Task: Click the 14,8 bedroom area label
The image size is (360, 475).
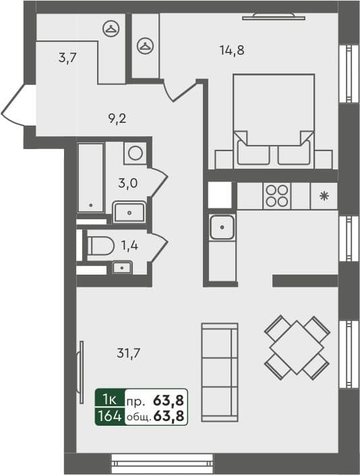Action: pyautogui.click(x=231, y=49)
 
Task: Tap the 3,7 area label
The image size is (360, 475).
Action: pyautogui.click(x=67, y=58)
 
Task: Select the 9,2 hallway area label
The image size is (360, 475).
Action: pyautogui.click(x=117, y=119)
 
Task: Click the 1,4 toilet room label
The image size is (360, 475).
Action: pyautogui.click(x=129, y=245)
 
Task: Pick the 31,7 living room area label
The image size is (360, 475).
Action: pyautogui.click(x=128, y=352)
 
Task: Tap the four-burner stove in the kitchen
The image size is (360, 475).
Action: pyautogui.click(x=276, y=195)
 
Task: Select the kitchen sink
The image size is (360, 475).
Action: pyautogui.click(x=222, y=227)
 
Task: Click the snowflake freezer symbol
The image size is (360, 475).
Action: pyautogui.click(x=324, y=196)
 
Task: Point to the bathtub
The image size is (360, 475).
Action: pyautogui.click(x=90, y=177)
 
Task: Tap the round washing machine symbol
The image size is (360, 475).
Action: pyautogui.click(x=136, y=153)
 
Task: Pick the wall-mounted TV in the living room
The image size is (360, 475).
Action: pyautogui.click(x=81, y=364)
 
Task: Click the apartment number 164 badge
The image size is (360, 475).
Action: pyautogui.click(x=109, y=416)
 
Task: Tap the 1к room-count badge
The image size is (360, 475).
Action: pyautogui.click(x=109, y=399)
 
